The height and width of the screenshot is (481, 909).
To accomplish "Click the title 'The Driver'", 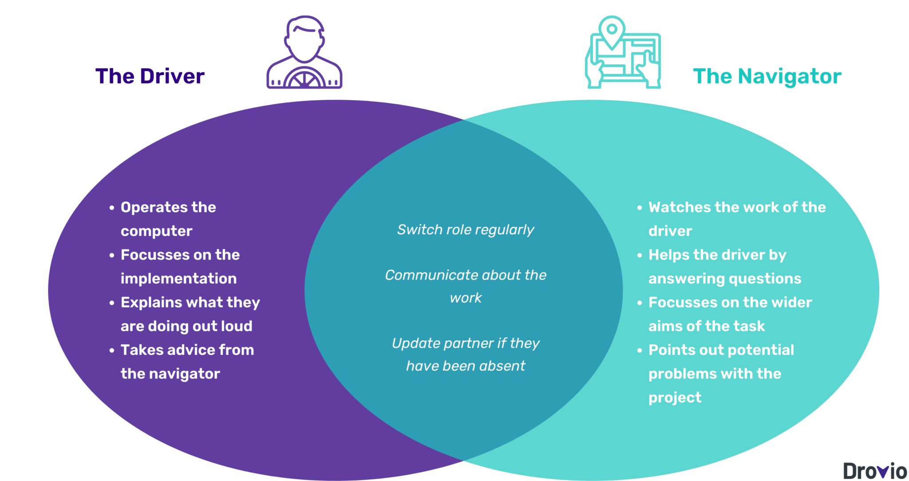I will (x=150, y=76).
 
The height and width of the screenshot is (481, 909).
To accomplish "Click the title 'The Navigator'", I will (x=767, y=76).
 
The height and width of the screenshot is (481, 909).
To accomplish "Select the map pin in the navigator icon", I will (x=612, y=31).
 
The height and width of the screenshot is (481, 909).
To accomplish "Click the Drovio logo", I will (x=874, y=471).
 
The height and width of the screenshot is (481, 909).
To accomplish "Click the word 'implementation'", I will (x=178, y=279).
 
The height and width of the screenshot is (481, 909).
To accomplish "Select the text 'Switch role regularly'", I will (x=465, y=230).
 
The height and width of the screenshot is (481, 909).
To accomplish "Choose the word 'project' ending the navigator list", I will (x=675, y=398).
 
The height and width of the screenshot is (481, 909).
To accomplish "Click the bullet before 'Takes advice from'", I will (x=112, y=351).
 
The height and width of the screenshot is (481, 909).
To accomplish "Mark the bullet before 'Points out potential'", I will (x=640, y=351).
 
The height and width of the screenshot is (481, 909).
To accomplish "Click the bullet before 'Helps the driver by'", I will (x=640, y=256).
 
